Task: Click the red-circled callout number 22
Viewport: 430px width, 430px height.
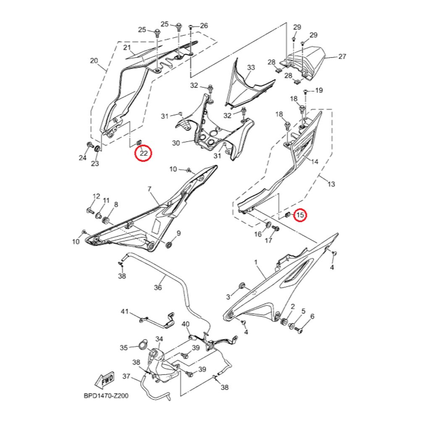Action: tap(144, 153)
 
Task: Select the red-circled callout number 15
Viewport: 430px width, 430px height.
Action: tap(300, 215)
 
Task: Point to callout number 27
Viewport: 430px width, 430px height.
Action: tap(342, 56)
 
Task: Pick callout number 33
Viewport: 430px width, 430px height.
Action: tap(251, 67)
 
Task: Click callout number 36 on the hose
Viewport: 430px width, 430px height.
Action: tap(158, 288)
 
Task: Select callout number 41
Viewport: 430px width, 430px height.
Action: tap(124, 312)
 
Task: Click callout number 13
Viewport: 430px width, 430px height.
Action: tap(331, 184)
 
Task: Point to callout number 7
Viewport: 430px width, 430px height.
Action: tap(149, 189)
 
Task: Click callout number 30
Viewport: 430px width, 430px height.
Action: tap(176, 143)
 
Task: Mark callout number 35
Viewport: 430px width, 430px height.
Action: tap(124, 348)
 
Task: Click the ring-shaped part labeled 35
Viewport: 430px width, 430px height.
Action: tap(143, 346)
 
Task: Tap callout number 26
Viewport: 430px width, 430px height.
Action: tap(204, 26)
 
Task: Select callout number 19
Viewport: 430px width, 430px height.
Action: tap(319, 90)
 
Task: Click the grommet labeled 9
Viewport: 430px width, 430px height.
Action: tap(169, 244)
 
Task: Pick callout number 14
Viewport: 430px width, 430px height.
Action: tap(315, 161)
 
